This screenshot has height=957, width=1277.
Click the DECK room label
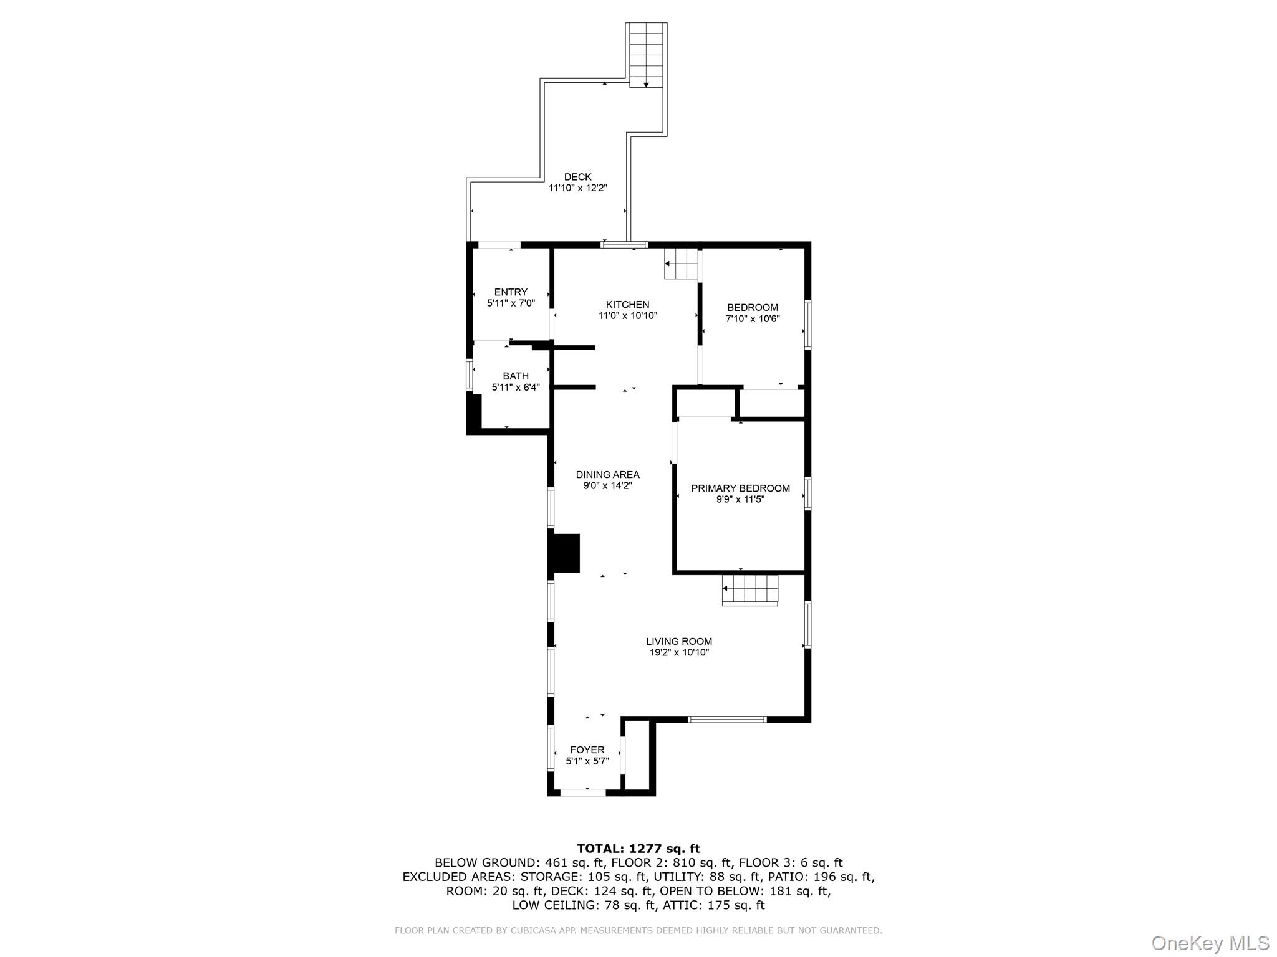point(577,177)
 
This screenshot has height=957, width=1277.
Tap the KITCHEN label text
point(627,305)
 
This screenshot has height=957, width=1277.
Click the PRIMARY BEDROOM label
point(740,488)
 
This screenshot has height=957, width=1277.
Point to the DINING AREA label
point(607,475)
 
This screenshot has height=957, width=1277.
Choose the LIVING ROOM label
point(678,641)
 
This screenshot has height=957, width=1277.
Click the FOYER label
point(587,750)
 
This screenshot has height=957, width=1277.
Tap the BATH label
point(516,376)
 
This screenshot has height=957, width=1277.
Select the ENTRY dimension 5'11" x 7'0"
point(511,303)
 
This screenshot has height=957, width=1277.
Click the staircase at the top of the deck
point(646,55)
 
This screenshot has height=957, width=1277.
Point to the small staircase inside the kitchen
point(681,264)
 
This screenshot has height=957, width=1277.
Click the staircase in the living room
point(750,589)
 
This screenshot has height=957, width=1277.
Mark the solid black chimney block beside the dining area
point(565,553)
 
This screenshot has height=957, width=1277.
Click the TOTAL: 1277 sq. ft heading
point(638,849)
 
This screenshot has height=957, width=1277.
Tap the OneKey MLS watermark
point(1210,943)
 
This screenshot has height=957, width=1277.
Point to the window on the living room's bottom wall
point(727,719)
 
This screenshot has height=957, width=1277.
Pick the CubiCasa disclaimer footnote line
point(638,930)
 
